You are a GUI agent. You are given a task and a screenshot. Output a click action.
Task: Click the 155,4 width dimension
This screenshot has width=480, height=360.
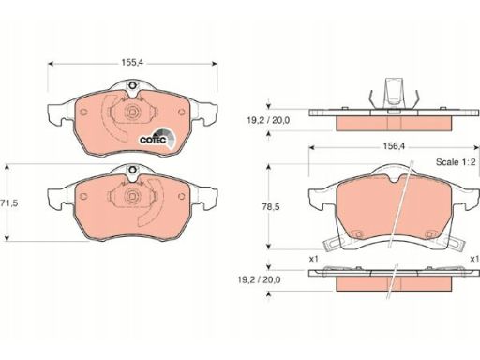tap(132, 63)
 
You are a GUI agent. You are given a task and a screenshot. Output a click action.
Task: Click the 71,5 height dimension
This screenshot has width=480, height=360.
tap(9, 203)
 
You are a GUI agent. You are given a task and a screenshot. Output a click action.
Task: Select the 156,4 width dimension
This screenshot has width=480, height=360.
tap(394, 146)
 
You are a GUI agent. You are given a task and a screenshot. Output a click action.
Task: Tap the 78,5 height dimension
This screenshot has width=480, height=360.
tap(271, 207)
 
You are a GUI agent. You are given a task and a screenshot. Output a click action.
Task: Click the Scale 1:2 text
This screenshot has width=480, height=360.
tap(456, 162)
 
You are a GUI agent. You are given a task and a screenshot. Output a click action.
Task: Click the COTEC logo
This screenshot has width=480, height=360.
tap(157, 139)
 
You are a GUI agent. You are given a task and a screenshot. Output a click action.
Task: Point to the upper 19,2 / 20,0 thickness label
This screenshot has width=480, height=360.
tap(268, 120)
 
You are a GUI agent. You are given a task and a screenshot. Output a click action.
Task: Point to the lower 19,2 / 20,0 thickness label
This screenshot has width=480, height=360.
tap(259, 279)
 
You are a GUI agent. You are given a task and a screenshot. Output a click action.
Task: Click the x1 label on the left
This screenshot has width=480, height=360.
tap(313, 259)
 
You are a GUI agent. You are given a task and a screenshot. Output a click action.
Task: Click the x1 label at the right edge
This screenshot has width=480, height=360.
tap(475, 259)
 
